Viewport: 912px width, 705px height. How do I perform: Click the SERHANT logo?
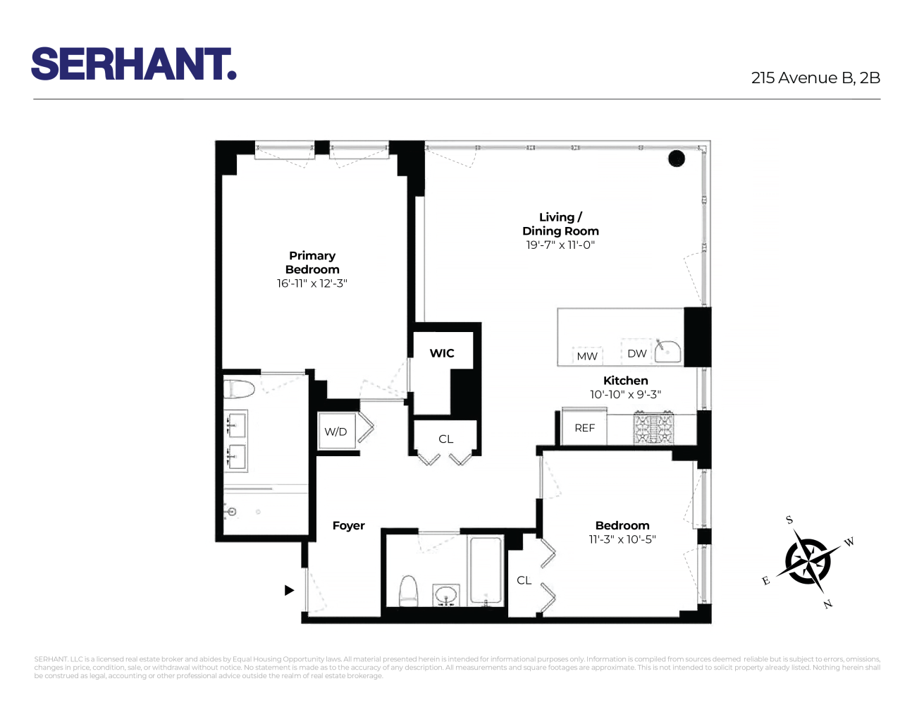(x=133, y=64)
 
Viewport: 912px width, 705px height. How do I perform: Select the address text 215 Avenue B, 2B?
(x=815, y=78)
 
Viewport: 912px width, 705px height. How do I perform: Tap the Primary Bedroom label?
(x=312, y=262)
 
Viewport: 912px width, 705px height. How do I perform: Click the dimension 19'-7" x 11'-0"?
(x=560, y=245)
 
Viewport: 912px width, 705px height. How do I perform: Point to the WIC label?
(x=442, y=353)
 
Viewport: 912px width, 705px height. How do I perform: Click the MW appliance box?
(x=587, y=356)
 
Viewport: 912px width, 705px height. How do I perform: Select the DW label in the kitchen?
(x=636, y=353)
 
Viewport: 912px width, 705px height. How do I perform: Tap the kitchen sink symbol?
(x=667, y=351)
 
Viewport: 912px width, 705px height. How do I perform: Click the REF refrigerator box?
(x=584, y=428)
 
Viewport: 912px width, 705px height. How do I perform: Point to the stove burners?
(x=653, y=429)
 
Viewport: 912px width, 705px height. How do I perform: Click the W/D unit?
(x=336, y=431)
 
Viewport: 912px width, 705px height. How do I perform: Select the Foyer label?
(x=349, y=526)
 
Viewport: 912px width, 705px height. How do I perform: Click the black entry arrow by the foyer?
(x=289, y=590)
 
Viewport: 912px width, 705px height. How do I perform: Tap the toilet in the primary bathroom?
(x=239, y=388)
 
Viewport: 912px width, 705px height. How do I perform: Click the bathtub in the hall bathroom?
(x=486, y=571)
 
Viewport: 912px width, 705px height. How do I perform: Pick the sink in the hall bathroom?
(x=445, y=594)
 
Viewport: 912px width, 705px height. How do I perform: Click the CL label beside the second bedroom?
(x=524, y=580)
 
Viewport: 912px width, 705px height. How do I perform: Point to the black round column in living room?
(x=677, y=159)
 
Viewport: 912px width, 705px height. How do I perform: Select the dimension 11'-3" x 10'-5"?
(x=622, y=539)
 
